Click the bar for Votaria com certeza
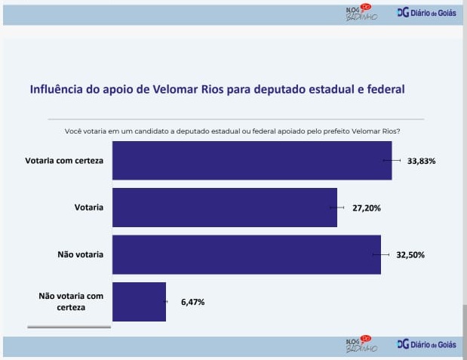click(x=252, y=161)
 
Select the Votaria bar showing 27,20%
click(x=225, y=207)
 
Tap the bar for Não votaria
click(x=247, y=254)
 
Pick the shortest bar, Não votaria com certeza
click(x=140, y=302)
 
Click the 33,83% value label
click(x=422, y=161)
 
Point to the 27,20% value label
click(x=367, y=207)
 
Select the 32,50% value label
click(x=410, y=254)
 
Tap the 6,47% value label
click(x=192, y=302)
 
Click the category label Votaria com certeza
click(x=64, y=161)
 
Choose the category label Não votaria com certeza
click(x=71, y=302)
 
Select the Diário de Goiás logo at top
click(x=426, y=13)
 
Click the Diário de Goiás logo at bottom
click(x=426, y=344)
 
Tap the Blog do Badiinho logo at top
click(x=359, y=13)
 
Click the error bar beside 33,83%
click(x=392, y=161)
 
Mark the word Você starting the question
click(x=74, y=131)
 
